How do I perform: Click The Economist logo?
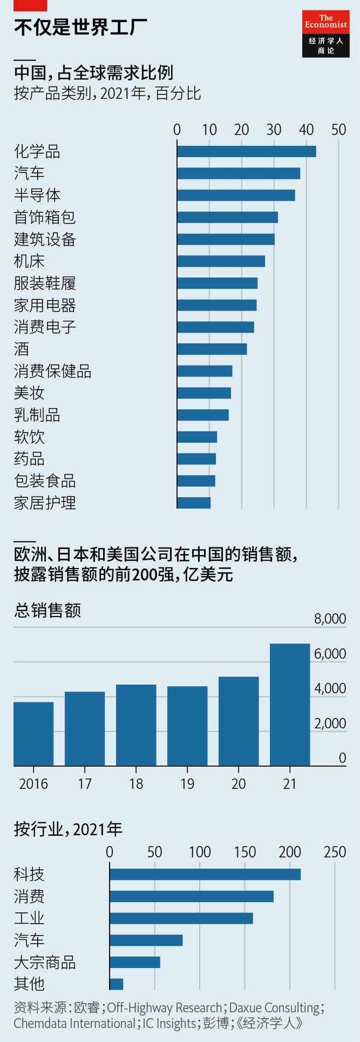click(326, 33)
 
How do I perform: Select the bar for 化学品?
click(247, 151)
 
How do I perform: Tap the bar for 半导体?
click(236, 195)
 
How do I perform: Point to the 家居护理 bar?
click(194, 502)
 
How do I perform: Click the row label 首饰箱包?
click(45, 217)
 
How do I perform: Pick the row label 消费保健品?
click(52, 372)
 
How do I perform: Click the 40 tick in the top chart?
click(307, 129)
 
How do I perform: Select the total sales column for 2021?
click(290, 704)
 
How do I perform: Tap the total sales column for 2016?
click(33, 734)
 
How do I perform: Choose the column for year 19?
click(187, 726)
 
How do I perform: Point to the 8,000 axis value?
click(330, 618)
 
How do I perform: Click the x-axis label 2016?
click(33, 784)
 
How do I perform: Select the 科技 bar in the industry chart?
click(205, 874)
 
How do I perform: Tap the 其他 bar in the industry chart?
click(116, 984)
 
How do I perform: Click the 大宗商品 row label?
click(45, 962)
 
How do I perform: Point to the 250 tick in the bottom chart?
click(335, 852)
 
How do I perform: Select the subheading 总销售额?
click(47, 609)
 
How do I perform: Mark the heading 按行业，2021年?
click(68, 829)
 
